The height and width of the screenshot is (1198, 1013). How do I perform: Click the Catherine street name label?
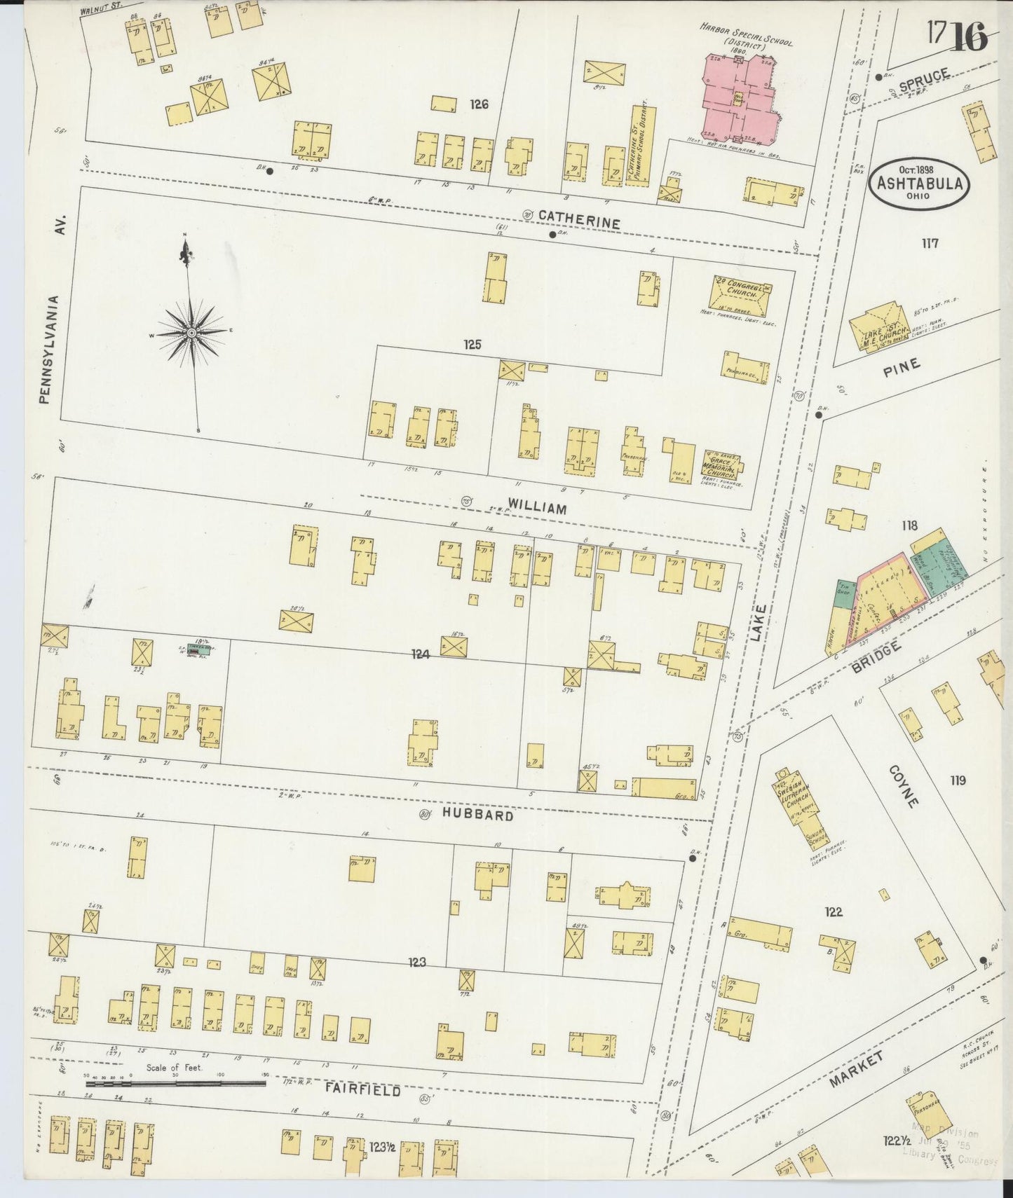pos(579,223)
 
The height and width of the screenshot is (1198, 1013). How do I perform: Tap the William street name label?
pos(537,509)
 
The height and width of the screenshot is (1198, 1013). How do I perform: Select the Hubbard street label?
pos(478,815)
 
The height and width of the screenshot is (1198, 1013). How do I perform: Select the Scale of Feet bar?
pos(175,1083)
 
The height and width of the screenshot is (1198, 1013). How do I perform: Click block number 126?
pos(480,104)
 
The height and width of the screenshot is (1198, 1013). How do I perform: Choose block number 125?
pos(472,345)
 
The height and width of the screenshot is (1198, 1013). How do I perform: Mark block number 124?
pos(420,654)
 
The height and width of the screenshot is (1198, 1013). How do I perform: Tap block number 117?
pos(930,244)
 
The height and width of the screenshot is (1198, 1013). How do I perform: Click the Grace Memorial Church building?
pos(722,464)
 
